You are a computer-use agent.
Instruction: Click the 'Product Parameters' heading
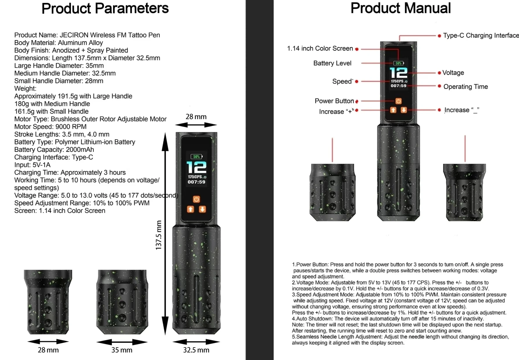[105, 8]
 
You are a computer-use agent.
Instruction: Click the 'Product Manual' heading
[400, 8]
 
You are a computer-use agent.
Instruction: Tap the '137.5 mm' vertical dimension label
[158, 235]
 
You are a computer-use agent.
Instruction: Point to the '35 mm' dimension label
[122, 350]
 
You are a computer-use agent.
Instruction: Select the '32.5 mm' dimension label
[196, 350]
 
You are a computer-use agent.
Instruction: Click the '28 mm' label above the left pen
[196, 117]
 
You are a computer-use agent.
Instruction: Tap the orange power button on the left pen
[196, 199]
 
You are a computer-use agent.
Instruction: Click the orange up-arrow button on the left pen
[191, 209]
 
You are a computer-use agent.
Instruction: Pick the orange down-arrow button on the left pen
[202, 209]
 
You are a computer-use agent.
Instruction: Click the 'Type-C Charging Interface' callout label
[481, 35]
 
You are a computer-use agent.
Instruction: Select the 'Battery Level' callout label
[332, 63]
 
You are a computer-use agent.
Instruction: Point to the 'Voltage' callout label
[453, 73]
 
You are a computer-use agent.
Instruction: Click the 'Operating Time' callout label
[466, 87]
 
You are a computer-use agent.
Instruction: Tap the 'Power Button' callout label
[334, 101]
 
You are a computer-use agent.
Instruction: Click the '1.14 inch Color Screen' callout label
[320, 48]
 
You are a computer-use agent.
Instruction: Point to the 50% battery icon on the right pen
[398, 63]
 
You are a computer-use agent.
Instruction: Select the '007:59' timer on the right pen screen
[398, 86]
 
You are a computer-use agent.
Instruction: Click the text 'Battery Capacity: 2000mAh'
[54, 149]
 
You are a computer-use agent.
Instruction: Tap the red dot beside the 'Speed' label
[357, 82]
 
